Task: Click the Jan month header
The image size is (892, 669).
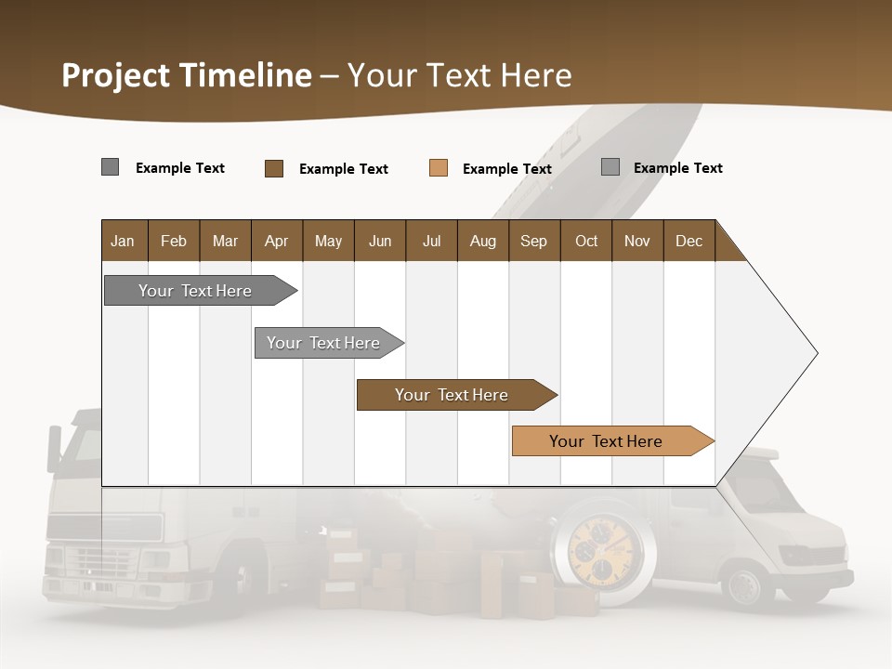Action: coord(123,241)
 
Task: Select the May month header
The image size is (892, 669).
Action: coord(328,241)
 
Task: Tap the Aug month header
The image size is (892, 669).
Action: coord(482,241)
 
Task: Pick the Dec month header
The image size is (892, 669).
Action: coord(689,241)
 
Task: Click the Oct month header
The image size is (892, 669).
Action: coord(586,241)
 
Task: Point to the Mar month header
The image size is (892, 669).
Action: coord(225,241)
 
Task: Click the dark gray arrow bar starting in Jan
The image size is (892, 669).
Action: coord(195,291)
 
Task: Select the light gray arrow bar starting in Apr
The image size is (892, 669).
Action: coord(323,343)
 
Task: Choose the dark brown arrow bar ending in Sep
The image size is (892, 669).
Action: coord(452,395)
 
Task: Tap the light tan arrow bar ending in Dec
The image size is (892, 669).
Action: coord(606,441)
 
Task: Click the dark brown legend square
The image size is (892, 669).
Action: coord(274,168)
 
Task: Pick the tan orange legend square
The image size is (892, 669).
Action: coord(439,168)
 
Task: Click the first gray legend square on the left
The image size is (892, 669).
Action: coord(111,167)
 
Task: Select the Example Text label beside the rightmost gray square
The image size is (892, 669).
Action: coord(677,168)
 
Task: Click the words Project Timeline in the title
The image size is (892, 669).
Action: coord(187,75)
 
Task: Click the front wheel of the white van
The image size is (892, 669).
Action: coord(746,585)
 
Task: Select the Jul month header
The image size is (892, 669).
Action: coord(431,241)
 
